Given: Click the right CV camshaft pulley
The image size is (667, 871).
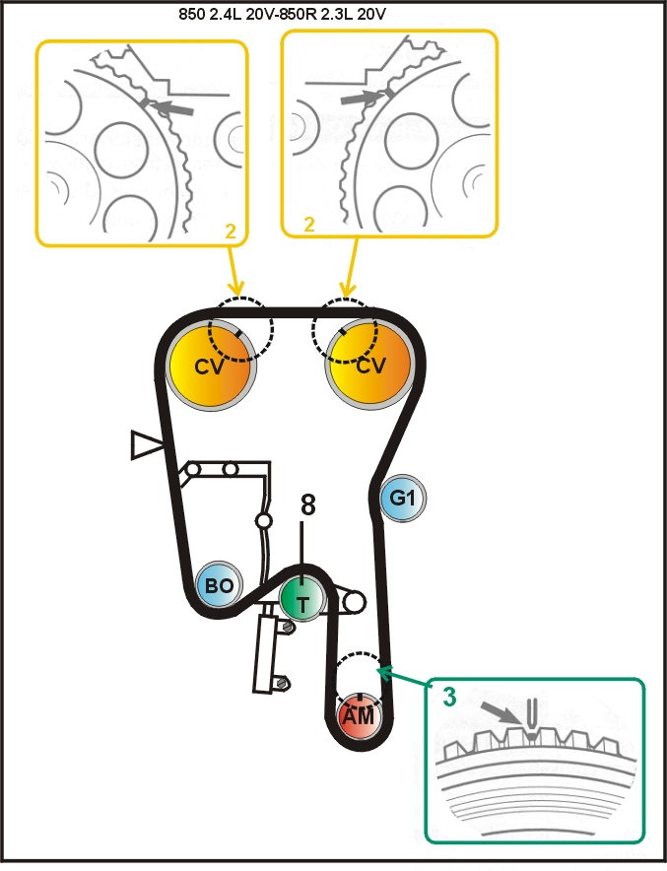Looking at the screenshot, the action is (369, 365).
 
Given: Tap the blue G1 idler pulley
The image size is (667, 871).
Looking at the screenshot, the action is (403, 499).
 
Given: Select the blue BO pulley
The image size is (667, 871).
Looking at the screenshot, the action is (220, 585).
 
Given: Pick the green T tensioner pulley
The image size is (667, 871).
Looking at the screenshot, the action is (302, 600).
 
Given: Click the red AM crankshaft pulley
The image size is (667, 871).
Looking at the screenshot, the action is (359, 715).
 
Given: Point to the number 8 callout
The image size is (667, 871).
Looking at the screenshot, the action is (307, 505).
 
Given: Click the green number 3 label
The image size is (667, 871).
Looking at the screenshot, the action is (449, 697).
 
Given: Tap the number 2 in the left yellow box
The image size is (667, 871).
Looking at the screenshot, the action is (231, 231).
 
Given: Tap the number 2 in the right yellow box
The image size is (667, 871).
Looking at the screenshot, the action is (309, 224).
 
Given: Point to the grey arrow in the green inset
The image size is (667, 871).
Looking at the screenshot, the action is (501, 712).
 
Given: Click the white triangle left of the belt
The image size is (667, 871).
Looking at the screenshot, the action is (146, 444).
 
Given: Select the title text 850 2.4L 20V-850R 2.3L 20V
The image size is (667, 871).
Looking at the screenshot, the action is (282, 15).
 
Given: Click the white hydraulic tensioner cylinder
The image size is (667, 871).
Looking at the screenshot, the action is (265, 648).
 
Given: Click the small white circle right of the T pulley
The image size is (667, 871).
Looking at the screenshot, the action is (355, 601).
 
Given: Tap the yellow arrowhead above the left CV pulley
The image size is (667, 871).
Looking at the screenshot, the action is (236, 289).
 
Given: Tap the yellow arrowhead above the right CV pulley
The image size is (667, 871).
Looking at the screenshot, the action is (348, 289).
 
